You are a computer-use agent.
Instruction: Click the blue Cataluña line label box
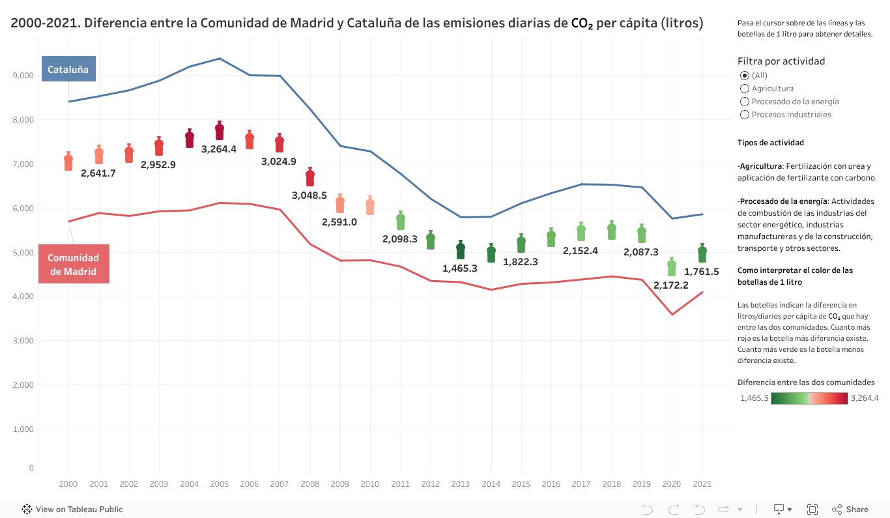[x=68, y=69]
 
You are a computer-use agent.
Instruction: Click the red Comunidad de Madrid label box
[x=74, y=264]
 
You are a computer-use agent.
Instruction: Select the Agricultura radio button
[x=745, y=89]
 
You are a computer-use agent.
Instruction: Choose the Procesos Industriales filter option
[x=745, y=115]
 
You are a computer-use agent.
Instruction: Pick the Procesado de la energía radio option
[x=745, y=102]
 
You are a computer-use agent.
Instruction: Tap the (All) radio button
[x=745, y=76]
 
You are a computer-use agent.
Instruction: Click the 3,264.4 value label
[x=219, y=149]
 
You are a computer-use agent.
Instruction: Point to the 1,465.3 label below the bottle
[x=460, y=268]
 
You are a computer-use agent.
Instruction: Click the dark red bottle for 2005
[x=220, y=130]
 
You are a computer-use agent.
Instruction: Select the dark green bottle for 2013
[x=461, y=250]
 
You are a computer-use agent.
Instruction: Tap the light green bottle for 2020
[x=672, y=266]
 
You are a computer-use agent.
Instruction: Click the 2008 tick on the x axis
[x=309, y=484]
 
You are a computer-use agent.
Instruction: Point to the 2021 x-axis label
[x=702, y=484]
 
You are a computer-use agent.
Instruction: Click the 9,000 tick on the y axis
[x=23, y=76]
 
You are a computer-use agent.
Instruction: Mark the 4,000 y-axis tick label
[x=23, y=296]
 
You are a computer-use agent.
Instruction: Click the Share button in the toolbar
[x=850, y=510]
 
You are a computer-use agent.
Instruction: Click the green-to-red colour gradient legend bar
[x=809, y=399]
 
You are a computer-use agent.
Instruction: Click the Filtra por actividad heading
[x=781, y=61]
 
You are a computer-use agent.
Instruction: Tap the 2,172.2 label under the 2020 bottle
[x=671, y=285]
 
